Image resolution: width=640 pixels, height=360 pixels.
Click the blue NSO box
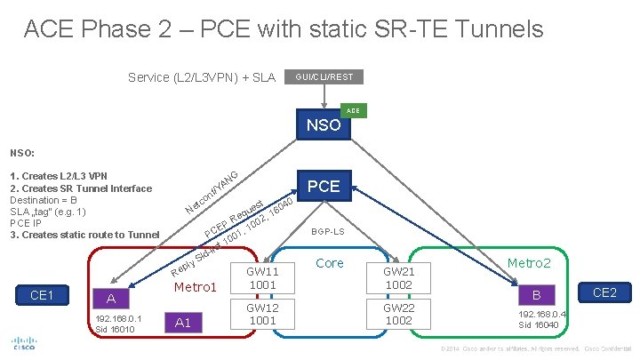pyautogui.click(x=323, y=124)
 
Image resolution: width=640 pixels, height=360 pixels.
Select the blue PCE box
pyautogui.click(x=323, y=187)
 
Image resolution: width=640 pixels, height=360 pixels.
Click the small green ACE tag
pyautogui.click(x=353, y=111)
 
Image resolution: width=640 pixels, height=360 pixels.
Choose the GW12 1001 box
pyautogui.click(x=263, y=314)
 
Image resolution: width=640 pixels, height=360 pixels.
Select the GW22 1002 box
pyautogui.click(x=399, y=314)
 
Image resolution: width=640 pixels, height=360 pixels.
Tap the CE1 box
pyautogui.click(x=42, y=294)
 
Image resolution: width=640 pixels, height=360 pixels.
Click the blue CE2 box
pyautogui.click(x=604, y=292)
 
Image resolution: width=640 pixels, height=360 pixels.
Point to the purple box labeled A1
pyautogui.click(x=183, y=323)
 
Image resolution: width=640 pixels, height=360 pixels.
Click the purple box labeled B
pyautogui.click(x=536, y=294)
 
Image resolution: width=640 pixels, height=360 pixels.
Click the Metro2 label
pyautogui.click(x=529, y=264)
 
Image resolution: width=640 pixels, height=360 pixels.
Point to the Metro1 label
pyautogui.click(x=196, y=287)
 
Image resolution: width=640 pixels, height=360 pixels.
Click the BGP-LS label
pyautogui.click(x=327, y=231)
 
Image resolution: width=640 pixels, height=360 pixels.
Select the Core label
pyautogui.click(x=330, y=263)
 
